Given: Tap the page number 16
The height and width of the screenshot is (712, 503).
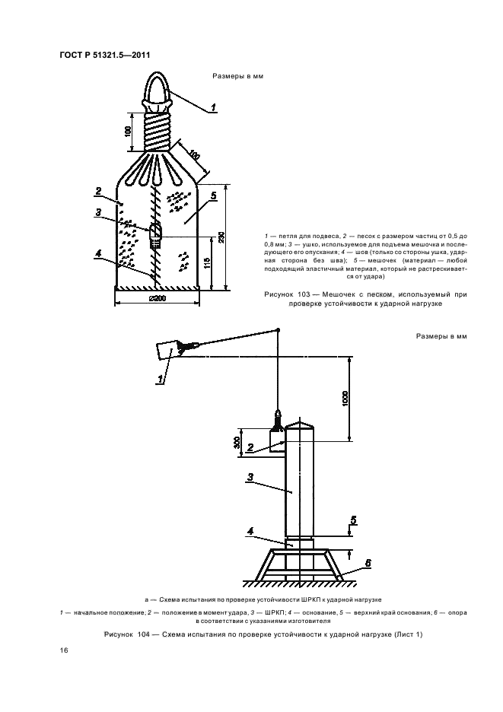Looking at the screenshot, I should pos(63,650).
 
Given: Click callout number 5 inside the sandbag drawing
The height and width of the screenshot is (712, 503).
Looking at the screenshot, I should pos(213,195).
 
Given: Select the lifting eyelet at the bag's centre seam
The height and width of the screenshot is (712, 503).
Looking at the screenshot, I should pos(155,233).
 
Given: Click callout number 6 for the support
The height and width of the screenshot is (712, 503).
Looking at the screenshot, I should pos(367,563).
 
